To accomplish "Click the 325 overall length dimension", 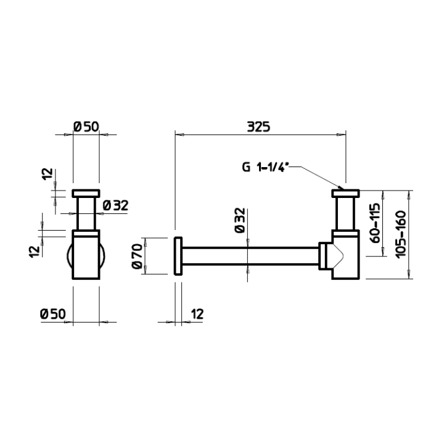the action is click(258, 126).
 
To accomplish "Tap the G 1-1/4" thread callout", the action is click(265, 167).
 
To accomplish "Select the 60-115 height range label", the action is click(376, 223).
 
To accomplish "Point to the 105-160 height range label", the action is click(401, 234).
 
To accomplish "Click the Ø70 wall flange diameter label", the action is click(137, 256).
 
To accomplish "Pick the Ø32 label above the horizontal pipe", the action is click(240, 220).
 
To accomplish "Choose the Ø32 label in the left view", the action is click(115, 205).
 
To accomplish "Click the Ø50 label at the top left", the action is click(86, 126).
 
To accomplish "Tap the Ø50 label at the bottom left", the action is click(53, 314).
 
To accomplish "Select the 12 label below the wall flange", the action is click(197, 314).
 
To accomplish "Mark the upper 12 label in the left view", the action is click(48, 173).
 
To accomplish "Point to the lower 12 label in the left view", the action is click(35, 252).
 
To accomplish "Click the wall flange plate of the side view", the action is click(178, 256).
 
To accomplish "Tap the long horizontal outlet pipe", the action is click(250, 257).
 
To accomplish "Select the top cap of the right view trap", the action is click(345, 193).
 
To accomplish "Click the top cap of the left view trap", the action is click(86, 193).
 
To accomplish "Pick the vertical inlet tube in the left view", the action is click(86, 213).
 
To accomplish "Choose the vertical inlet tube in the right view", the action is click(345, 213).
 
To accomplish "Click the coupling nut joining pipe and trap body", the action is click(323, 256).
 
